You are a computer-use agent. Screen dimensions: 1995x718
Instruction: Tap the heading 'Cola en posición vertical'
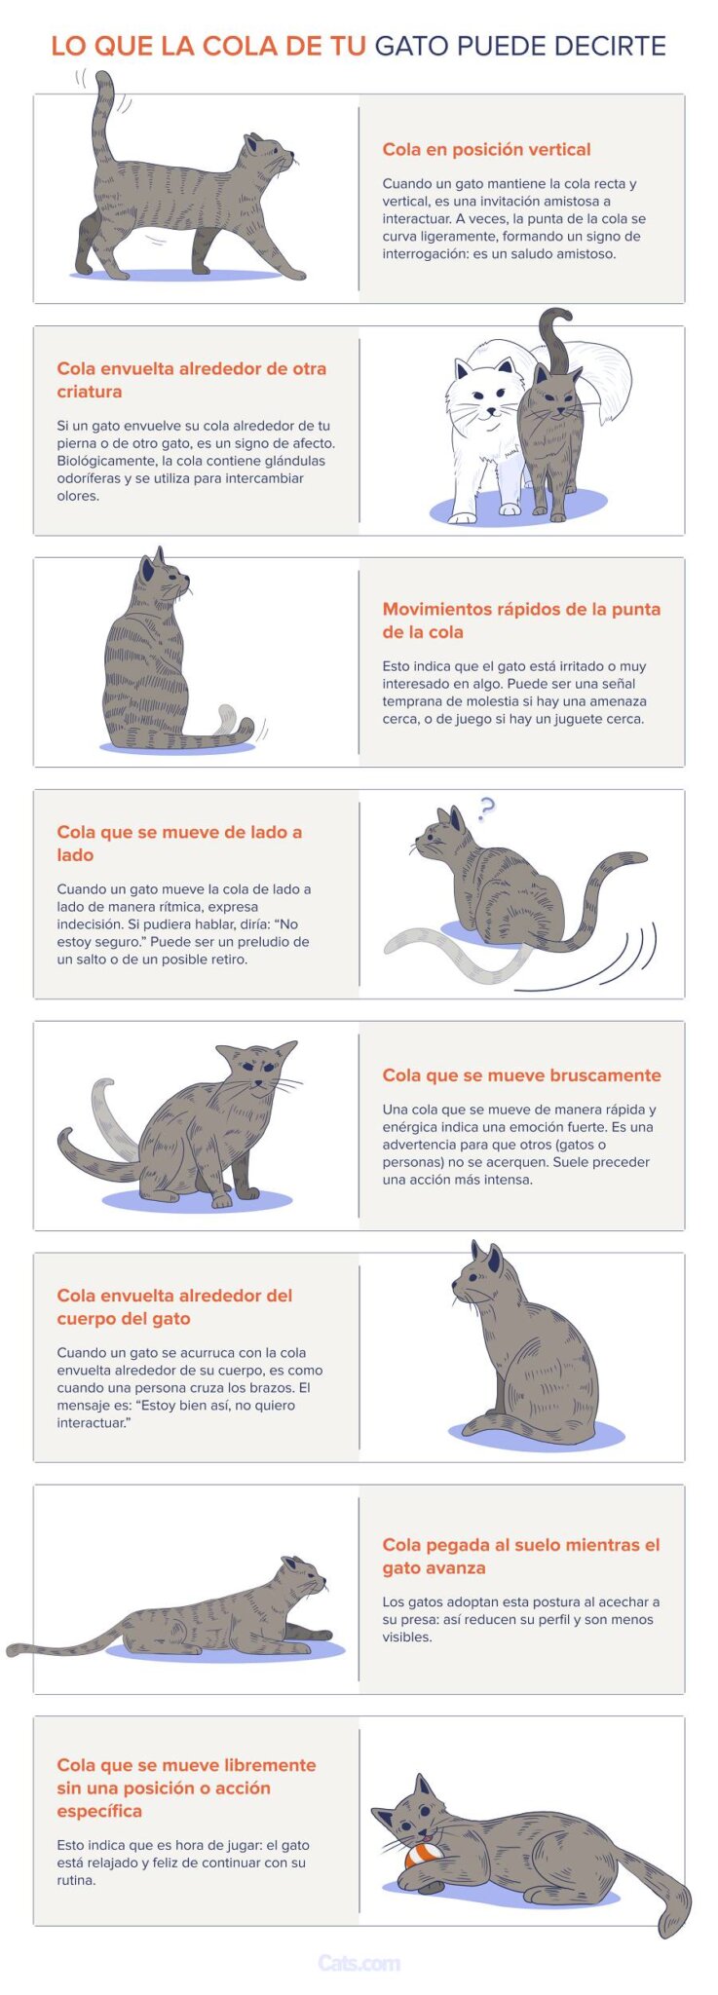[486, 149]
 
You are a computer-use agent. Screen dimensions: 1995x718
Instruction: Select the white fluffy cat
[487, 409]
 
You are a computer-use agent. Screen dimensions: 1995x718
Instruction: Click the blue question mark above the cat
[486, 807]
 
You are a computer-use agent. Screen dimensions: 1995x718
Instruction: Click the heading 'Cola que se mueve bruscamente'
[521, 1074]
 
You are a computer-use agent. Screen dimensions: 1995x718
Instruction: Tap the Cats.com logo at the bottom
[359, 1963]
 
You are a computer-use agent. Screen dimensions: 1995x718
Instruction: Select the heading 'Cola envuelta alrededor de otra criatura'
[191, 380]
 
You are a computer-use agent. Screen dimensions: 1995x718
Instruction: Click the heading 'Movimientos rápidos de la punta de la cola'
[521, 620]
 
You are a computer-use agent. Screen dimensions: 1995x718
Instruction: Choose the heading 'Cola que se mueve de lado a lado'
[179, 843]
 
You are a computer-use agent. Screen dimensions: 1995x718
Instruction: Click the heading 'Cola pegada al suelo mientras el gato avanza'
[521, 1556]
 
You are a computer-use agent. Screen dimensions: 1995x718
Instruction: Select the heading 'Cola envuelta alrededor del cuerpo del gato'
[174, 1306]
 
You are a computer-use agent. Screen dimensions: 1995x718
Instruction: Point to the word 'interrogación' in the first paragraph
[425, 253]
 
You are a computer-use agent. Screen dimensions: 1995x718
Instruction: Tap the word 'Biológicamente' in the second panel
[106, 460]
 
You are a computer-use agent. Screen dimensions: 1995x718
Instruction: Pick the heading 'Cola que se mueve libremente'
[186, 1764]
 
